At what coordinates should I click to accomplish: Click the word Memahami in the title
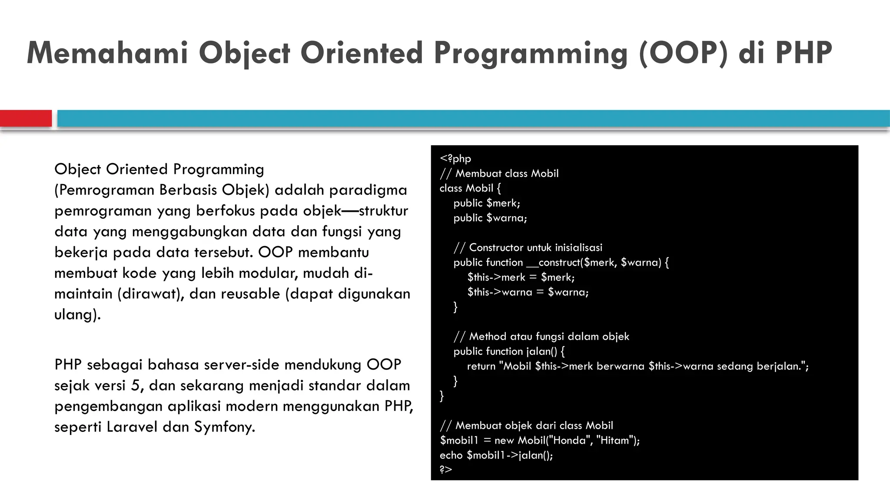tap(107, 53)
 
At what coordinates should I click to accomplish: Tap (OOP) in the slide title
tap(683, 53)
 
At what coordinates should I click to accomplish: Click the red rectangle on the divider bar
tap(26, 118)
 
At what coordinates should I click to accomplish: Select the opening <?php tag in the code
tap(455, 159)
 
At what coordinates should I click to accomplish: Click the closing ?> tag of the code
tap(446, 469)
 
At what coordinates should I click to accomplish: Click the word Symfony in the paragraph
tap(224, 427)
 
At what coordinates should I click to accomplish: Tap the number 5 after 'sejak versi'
tap(135, 385)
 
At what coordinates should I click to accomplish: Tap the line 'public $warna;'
tap(490, 218)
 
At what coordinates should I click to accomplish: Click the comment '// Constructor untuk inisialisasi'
tap(528, 247)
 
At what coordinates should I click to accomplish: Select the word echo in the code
tap(451, 455)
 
